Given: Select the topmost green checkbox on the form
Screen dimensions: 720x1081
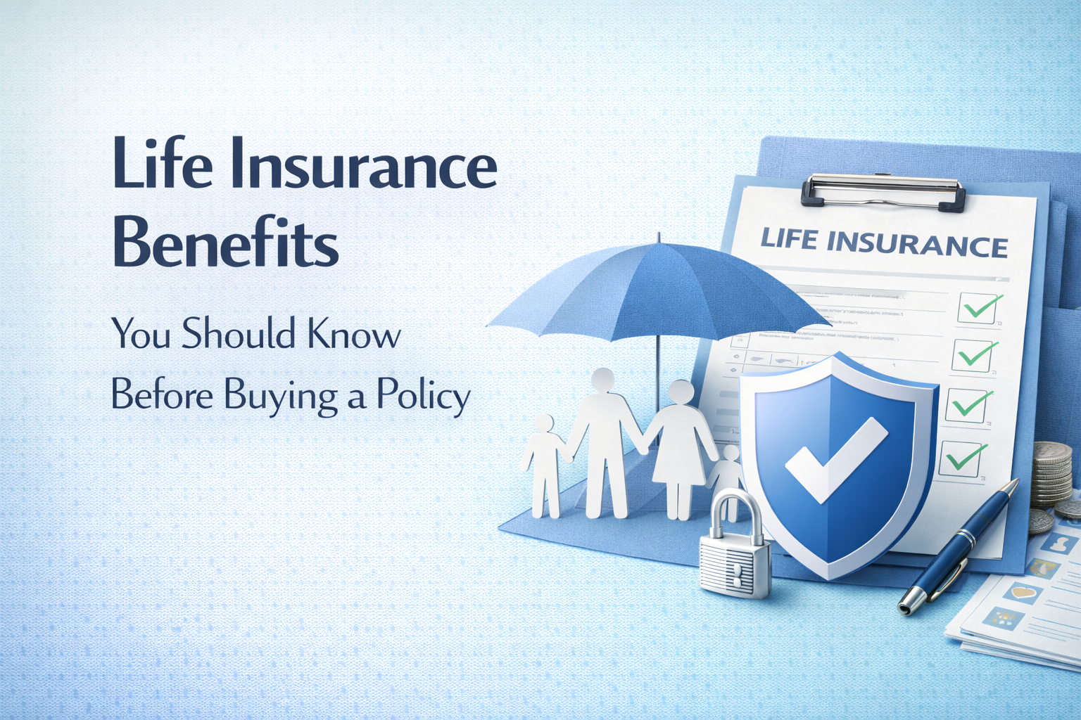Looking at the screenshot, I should tap(980, 308).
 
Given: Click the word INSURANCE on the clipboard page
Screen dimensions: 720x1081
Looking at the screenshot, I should tap(917, 243).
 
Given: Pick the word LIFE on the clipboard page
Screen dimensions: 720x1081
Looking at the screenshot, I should tap(789, 238).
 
